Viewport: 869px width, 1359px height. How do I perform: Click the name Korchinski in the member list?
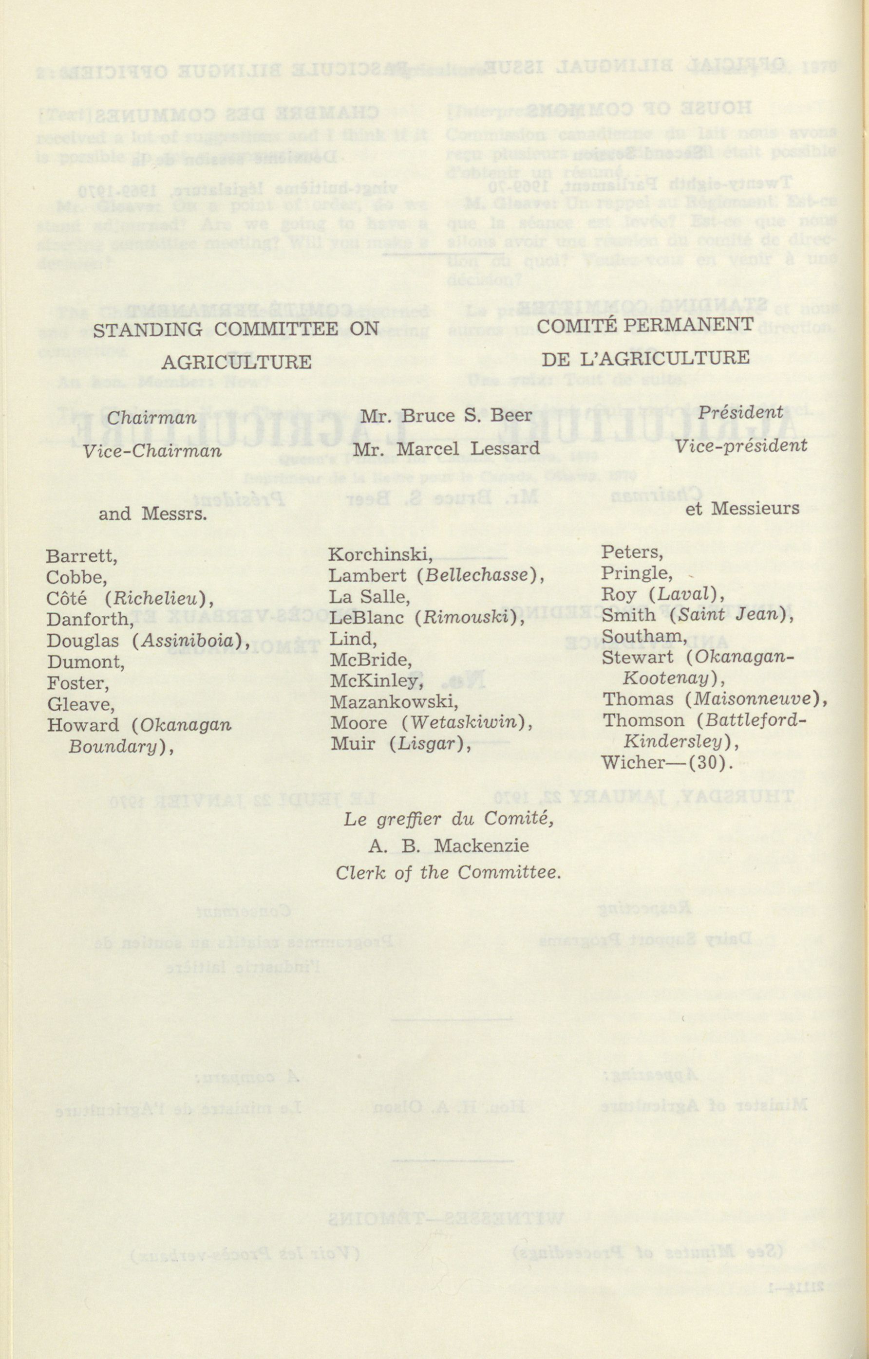point(379,555)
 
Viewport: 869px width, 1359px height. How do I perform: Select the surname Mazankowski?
point(394,702)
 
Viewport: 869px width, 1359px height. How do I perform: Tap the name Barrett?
point(81,556)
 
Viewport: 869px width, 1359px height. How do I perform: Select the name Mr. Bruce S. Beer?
point(446,416)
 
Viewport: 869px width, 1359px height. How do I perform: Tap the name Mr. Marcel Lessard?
point(446,449)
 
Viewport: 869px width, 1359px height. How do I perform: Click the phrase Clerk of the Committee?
point(448,873)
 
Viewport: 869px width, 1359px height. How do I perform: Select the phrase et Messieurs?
point(742,509)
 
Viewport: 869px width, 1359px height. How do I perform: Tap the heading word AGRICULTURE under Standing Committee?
point(236,362)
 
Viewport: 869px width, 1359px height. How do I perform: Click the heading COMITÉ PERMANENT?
point(645,325)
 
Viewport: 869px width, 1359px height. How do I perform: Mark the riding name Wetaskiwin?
point(462,723)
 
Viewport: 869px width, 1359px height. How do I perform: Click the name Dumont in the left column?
point(85,661)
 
